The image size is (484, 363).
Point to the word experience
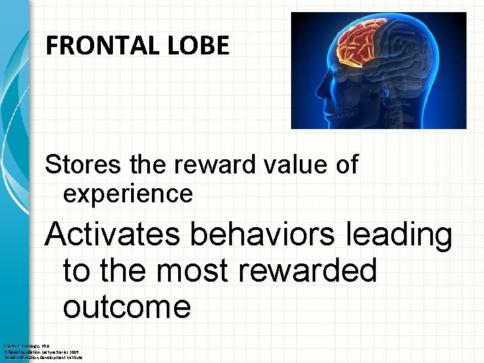tap(128, 194)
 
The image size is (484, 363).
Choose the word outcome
tap(127, 307)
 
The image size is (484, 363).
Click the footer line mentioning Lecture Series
tap(40, 351)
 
